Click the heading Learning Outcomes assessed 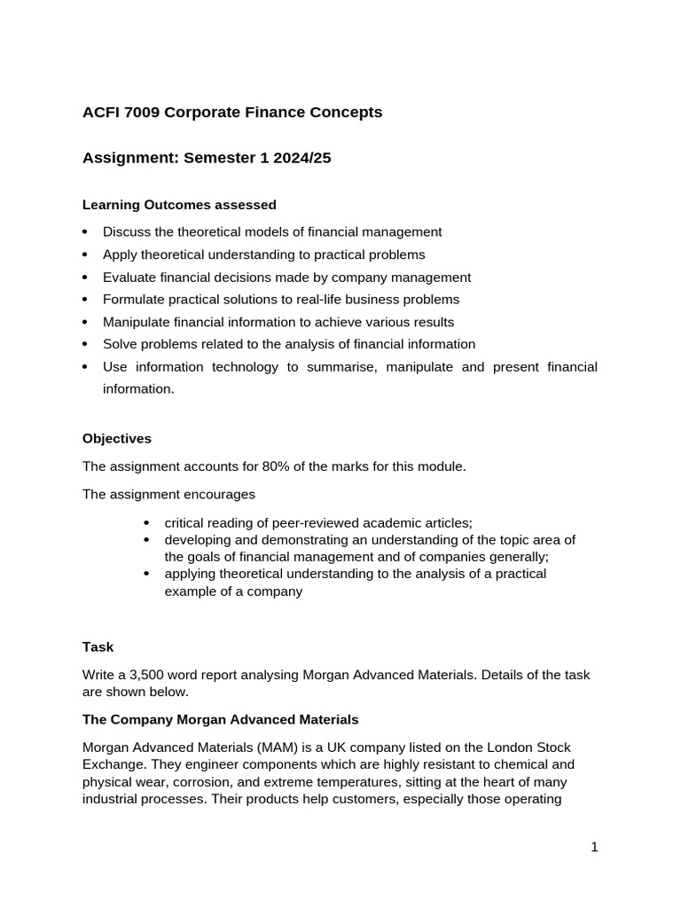coord(179,205)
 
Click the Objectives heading coord(117,439)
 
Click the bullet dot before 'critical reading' coord(146,523)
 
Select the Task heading coord(98,647)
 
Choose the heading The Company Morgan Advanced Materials coord(220,719)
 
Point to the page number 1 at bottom coord(594,847)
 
